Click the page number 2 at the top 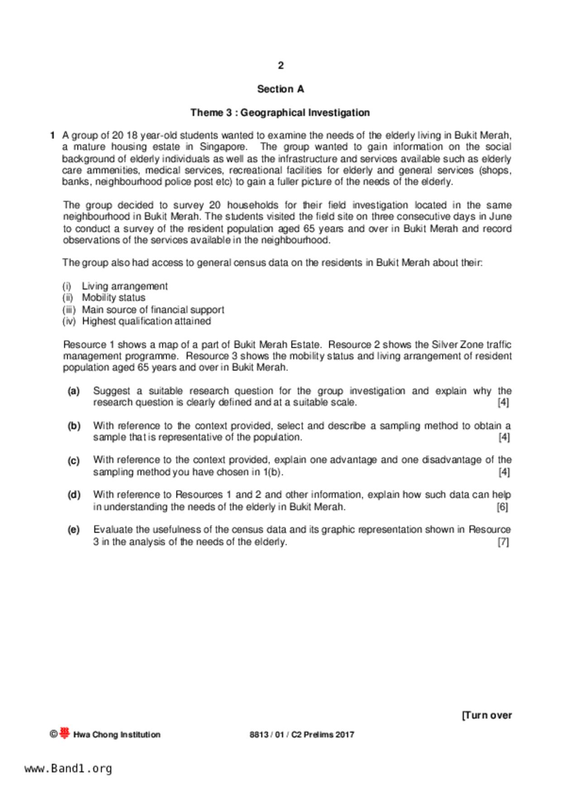click(281, 66)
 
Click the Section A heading click(280, 89)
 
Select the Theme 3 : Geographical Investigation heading click(280, 113)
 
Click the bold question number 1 click(53, 135)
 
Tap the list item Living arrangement click(125, 286)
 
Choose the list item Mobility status click(113, 297)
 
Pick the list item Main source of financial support click(153, 310)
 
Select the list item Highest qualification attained click(146, 321)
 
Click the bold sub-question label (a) click(73, 391)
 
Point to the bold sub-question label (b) click(74, 426)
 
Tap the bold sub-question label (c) click(73, 461)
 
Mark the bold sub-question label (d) click(74, 495)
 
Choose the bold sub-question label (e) click(73, 530)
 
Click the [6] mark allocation click(502, 507)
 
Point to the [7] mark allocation click(503, 542)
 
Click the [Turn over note click(487, 715)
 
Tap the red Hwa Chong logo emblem click(65, 734)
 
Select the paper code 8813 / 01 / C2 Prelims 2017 click(302, 735)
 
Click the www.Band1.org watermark click(68, 769)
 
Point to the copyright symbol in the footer click(53, 735)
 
